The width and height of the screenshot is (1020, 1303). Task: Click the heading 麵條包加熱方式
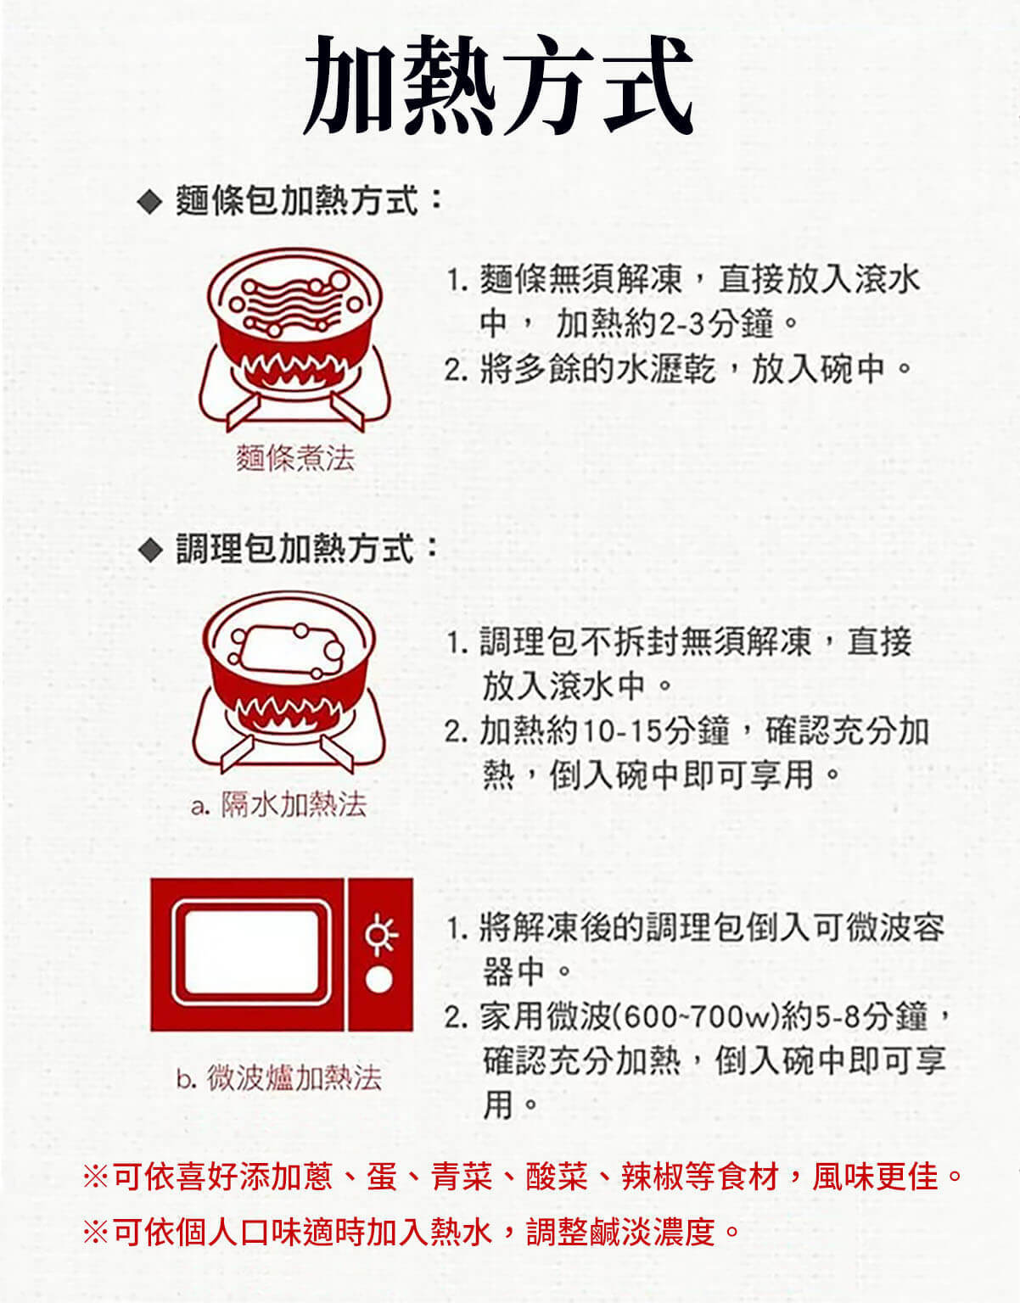click(x=297, y=202)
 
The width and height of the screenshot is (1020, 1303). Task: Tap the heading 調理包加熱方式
click(x=297, y=549)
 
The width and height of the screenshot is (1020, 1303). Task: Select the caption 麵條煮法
click(x=295, y=458)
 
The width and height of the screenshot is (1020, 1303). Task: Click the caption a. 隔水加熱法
click(x=279, y=803)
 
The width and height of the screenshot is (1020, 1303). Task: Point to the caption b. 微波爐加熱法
click(x=279, y=1078)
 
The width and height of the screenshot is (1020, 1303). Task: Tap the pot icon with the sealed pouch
click(x=289, y=679)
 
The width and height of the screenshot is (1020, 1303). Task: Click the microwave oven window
click(x=251, y=953)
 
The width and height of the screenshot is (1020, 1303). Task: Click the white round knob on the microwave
click(x=379, y=979)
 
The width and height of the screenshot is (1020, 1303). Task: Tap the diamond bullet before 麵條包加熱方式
click(x=149, y=203)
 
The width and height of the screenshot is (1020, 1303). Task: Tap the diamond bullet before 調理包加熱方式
click(x=149, y=550)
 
